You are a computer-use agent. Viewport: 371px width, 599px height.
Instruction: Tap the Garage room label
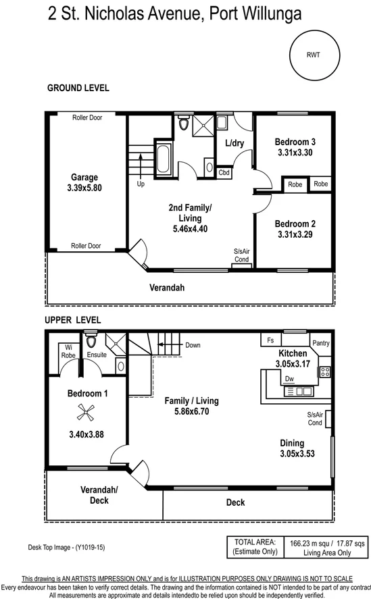point(84,178)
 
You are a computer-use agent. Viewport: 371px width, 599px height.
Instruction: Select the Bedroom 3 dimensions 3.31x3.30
point(295,153)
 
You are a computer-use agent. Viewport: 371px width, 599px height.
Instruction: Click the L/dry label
point(234,143)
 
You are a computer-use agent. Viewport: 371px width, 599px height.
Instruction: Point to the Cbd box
point(224,173)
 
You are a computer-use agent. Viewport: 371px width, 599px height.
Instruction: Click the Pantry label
point(321,343)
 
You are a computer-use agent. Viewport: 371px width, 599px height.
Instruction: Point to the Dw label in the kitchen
point(289,379)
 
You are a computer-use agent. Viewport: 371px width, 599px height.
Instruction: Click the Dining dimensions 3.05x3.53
point(297,454)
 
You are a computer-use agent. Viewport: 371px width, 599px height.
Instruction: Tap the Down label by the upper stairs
point(193,345)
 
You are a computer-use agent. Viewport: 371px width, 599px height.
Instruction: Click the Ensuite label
point(97,355)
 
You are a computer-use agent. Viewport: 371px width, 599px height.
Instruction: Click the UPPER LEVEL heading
point(73,319)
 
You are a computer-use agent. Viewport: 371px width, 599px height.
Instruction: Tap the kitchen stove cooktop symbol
point(324,371)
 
